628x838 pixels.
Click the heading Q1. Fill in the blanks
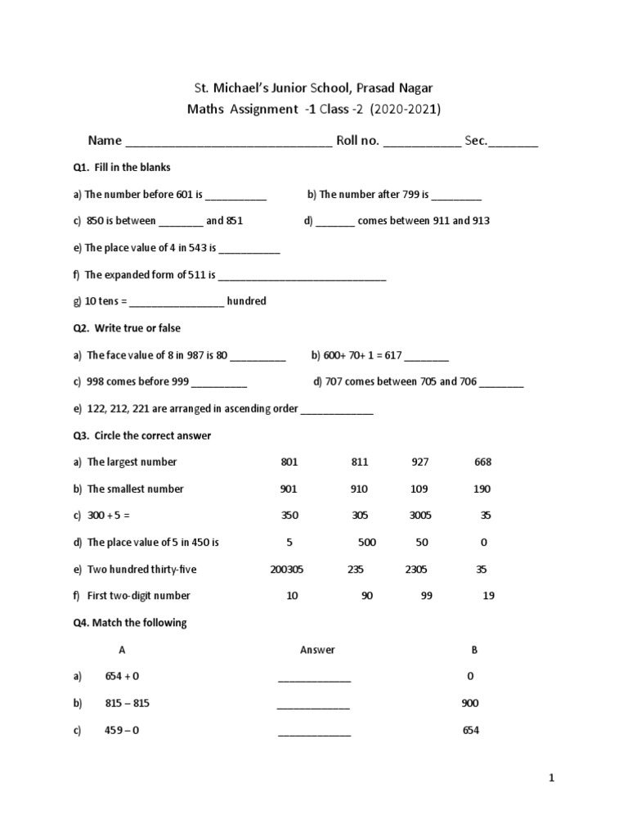point(122,168)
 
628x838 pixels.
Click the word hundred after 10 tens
point(246,301)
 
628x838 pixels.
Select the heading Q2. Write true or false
point(127,328)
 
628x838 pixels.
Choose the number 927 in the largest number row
point(420,462)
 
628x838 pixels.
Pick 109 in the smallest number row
point(420,489)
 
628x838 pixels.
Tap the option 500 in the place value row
point(367,543)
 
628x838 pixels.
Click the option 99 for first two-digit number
point(426,597)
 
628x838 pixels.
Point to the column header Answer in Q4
point(317,650)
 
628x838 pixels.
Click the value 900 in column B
point(470,704)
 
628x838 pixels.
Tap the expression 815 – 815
point(128,704)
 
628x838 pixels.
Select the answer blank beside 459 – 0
point(314,733)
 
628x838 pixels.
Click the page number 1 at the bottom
point(552,779)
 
